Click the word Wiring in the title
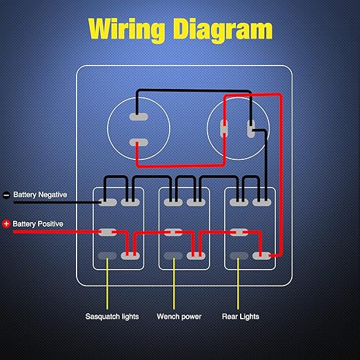(x=127, y=30)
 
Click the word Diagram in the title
(x=223, y=30)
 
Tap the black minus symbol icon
(x=6, y=195)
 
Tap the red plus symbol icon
(x=6, y=223)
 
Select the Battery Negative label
(x=40, y=194)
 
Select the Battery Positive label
(x=38, y=223)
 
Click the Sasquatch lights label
(x=112, y=317)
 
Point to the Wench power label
(x=179, y=317)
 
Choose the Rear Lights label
(x=241, y=317)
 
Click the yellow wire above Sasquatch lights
(x=107, y=283)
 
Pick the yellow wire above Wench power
(x=174, y=283)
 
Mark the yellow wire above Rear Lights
(x=238, y=283)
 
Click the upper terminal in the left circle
(x=139, y=117)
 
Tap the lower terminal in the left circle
(x=139, y=143)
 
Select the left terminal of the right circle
(x=224, y=128)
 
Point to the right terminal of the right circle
(x=251, y=129)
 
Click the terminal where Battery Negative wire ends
(x=108, y=202)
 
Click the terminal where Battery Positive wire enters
(x=108, y=232)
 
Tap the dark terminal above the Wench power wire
(x=173, y=256)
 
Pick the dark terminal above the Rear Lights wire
(x=239, y=256)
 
